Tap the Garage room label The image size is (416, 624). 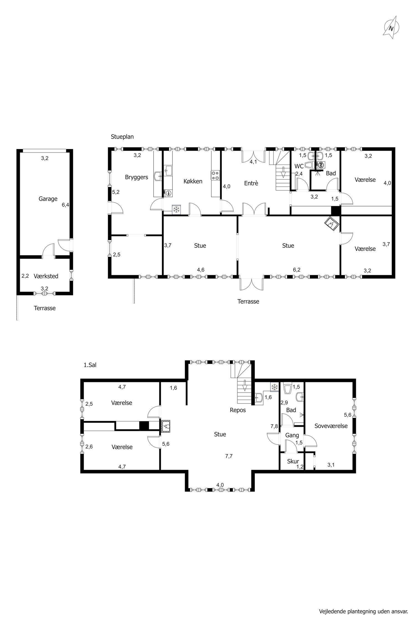[x=48, y=199]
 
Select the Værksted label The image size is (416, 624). [x=46, y=276]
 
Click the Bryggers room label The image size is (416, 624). [x=136, y=177]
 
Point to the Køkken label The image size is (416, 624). [x=193, y=181]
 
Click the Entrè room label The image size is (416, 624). [x=251, y=183]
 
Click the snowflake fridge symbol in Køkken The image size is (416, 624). [x=176, y=210]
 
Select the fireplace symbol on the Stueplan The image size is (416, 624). [x=332, y=224]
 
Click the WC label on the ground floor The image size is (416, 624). [x=299, y=167]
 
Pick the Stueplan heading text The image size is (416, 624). [x=122, y=137]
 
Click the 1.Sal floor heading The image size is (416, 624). [x=90, y=365]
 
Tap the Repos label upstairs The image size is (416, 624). [x=238, y=410]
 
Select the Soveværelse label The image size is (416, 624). [x=331, y=426]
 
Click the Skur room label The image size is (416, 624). [x=293, y=461]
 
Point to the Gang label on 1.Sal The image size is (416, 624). [x=292, y=435]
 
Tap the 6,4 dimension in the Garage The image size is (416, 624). [x=65, y=205]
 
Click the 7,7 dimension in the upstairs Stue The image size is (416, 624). [x=229, y=456]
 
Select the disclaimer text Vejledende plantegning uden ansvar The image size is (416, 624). [x=364, y=609]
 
